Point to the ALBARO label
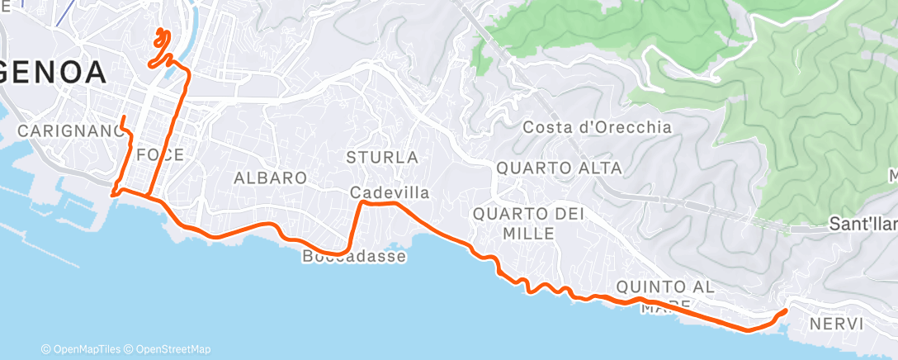[x=270, y=178]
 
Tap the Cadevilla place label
[x=390, y=192]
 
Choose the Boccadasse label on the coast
[x=354, y=257]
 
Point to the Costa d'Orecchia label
[x=598, y=128]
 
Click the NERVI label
[x=836, y=324]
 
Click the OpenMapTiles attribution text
[x=85, y=349]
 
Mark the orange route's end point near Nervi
[x=783, y=310]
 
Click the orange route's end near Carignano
[x=122, y=118]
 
